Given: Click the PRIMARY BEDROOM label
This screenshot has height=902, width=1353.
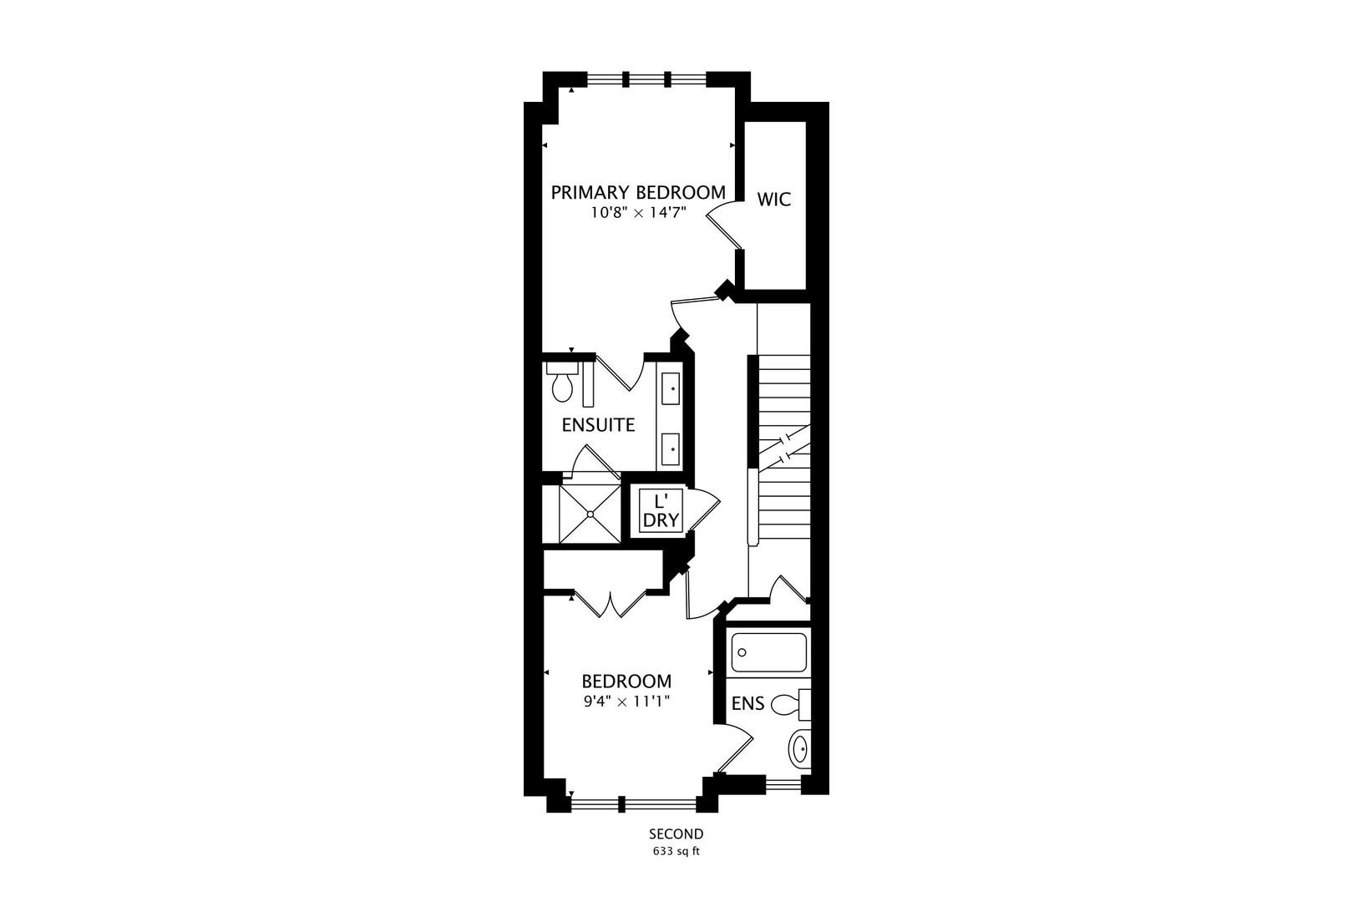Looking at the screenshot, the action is coord(638,192).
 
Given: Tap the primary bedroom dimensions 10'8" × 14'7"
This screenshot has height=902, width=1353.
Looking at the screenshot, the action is coord(638,213).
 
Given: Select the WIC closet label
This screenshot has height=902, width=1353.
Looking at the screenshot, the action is coord(773,200).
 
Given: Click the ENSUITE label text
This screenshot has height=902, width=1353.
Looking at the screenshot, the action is coord(598,425).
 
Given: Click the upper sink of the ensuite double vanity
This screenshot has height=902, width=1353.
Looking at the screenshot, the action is coord(671,388).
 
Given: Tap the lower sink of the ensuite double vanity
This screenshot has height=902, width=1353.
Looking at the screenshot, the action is coord(671,448).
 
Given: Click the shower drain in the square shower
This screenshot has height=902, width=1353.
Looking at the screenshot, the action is coord(590,514).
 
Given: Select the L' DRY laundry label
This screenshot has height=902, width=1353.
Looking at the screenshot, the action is coord(661,511).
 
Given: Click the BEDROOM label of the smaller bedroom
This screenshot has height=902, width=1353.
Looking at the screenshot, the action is coord(626,682).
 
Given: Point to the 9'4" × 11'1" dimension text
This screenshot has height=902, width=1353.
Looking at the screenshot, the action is coord(626,702).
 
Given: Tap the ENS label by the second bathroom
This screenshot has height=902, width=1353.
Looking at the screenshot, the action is coord(747,703).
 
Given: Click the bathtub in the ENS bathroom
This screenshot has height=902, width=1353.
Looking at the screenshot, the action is coord(768,652).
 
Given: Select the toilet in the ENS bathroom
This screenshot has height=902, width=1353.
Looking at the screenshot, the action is coord(791,704).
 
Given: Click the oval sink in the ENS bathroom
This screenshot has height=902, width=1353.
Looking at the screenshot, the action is coord(799,750).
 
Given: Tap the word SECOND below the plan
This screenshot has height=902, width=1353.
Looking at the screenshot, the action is coord(676,834).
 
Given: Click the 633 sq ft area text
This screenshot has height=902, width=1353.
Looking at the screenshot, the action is coord(676,852).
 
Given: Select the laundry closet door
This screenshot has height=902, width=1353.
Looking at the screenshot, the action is coord(704,509).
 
